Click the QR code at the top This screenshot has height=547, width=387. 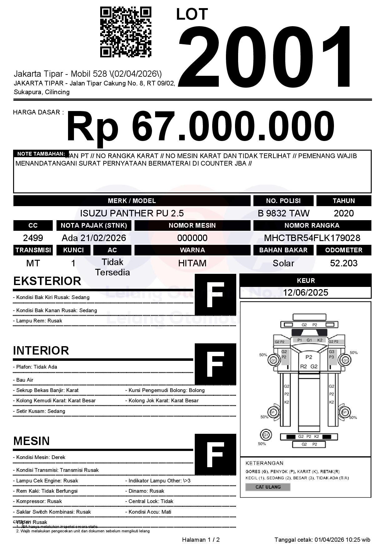[x=125, y=32]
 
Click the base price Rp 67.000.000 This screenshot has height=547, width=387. [x=200, y=127]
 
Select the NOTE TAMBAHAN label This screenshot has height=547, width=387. [x=41, y=154]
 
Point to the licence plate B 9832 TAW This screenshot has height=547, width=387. [x=283, y=213]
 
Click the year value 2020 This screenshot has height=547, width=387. [x=344, y=213]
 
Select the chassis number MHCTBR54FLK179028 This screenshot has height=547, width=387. [x=312, y=238]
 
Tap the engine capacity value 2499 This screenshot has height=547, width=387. [x=33, y=238]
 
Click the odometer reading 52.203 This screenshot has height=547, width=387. [x=344, y=263]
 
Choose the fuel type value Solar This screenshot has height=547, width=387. [x=283, y=263]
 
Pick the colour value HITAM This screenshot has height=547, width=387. [x=192, y=263]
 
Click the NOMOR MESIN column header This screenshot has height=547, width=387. [x=192, y=225]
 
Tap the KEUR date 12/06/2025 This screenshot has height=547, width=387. [x=306, y=293]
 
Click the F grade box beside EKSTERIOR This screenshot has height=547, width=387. [x=215, y=295]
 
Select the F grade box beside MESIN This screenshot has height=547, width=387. [x=215, y=454]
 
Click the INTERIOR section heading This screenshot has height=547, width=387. [x=41, y=351]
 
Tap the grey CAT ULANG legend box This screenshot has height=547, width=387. [x=268, y=487]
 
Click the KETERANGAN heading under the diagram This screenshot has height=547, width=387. [x=264, y=463]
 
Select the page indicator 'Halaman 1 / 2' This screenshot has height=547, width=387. [x=201, y=540]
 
